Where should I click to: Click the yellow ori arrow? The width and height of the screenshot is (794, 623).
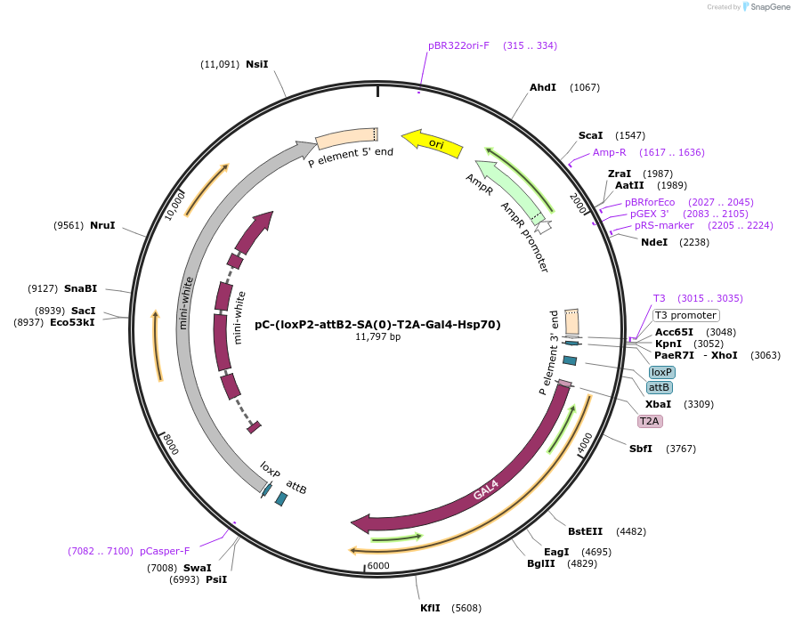point(433,143)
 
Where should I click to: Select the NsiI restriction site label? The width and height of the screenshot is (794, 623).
point(256,64)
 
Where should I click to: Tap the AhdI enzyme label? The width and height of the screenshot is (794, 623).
point(543,87)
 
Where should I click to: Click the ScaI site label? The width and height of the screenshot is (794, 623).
point(590,135)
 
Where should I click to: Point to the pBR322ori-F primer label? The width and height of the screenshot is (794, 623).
point(458,45)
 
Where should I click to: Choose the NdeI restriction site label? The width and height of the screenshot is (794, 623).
point(654,242)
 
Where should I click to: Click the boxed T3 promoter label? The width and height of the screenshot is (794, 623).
point(685,315)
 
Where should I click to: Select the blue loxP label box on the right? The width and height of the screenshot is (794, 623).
point(661,372)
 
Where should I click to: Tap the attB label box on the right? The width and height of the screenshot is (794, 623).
point(660,387)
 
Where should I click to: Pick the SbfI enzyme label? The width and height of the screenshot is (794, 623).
point(641,449)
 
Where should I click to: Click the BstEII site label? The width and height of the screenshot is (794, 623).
point(586,531)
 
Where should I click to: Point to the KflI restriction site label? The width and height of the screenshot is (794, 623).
point(431,608)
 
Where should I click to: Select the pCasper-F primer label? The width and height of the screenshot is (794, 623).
point(165,551)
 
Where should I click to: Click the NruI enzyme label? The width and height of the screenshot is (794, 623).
point(102,225)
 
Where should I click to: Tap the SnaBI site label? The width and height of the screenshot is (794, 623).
point(80,288)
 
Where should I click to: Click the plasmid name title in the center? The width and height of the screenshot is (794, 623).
point(377,325)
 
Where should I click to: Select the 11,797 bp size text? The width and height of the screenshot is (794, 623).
point(377,337)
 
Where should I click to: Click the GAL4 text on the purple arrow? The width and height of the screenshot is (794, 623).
point(485,489)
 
